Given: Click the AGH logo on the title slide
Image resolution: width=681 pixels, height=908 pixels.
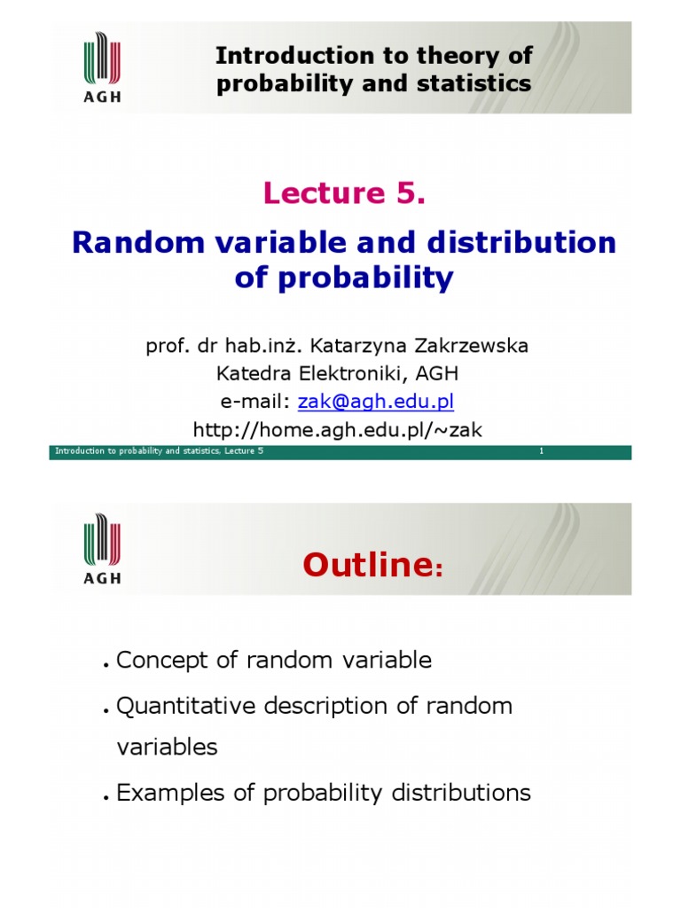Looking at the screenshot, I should pyautogui.click(x=102, y=67).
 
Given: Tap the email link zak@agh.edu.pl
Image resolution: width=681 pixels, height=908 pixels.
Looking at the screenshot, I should pyautogui.click(x=375, y=401).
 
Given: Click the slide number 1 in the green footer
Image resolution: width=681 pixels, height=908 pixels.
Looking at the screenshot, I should pyautogui.click(x=541, y=452).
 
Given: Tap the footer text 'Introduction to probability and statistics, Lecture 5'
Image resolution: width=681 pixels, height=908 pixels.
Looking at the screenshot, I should pyautogui.click(x=160, y=452).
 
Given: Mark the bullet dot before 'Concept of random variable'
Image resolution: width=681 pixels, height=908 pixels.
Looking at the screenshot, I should pyautogui.click(x=106, y=665).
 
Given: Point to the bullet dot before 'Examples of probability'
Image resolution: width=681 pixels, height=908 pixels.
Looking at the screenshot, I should pyautogui.click(x=106, y=797).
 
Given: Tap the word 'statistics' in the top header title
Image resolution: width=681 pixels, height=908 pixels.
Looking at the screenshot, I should pyautogui.click(x=479, y=83).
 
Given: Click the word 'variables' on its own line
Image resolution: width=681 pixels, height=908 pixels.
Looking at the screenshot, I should pyautogui.click(x=167, y=747).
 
